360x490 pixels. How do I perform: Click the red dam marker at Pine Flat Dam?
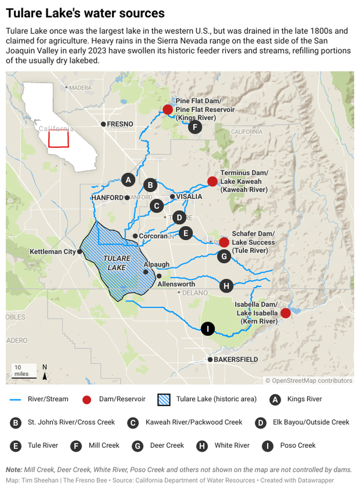(168, 109)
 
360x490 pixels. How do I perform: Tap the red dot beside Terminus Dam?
(212, 181)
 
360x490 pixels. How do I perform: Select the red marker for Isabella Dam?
(285, 313)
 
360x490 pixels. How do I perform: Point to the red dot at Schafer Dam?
(224, 242)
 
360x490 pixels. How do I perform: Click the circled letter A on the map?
(128, 180)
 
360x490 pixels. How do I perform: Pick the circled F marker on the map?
(195, 127)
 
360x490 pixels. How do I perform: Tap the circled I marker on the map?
(207, 329)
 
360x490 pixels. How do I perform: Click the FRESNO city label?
(120, 124)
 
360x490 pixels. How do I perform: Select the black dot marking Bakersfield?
(210, 359)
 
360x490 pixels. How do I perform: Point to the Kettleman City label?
(52, 251)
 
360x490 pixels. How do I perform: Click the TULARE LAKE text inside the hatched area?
(117, 263)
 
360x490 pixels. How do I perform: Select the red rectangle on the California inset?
(58, 139)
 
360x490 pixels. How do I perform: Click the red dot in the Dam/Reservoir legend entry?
(87, 400)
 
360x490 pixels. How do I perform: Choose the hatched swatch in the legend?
(164, 399)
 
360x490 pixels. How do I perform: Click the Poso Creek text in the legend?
(297, 445)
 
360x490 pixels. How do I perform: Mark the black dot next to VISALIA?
(172, 197)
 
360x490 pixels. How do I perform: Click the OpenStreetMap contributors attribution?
(309, 381)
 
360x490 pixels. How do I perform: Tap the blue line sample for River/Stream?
(15, 399)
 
